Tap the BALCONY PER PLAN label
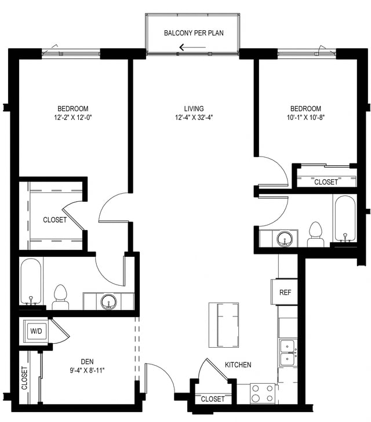point(193,33)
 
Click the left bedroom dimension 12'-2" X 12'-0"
point(72,118)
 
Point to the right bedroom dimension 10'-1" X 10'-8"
point(305,118)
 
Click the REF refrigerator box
point(285,292)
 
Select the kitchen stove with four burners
point(263,393)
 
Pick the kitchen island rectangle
point(224,325)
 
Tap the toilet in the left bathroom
point(60,298)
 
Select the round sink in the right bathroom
point(284,238)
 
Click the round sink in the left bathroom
point(108,301)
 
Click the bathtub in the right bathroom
point(345,219)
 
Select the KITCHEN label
point(238,365)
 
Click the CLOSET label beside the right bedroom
point(326,182)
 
